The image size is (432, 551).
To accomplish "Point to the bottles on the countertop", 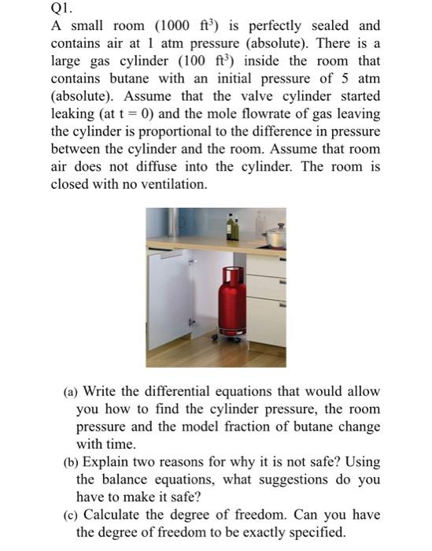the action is [233, 228].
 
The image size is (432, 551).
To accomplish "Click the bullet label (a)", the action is [70, 391].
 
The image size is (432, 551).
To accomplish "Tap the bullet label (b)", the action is [70, 462].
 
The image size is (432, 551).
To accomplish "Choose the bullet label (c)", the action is [70, 515].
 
